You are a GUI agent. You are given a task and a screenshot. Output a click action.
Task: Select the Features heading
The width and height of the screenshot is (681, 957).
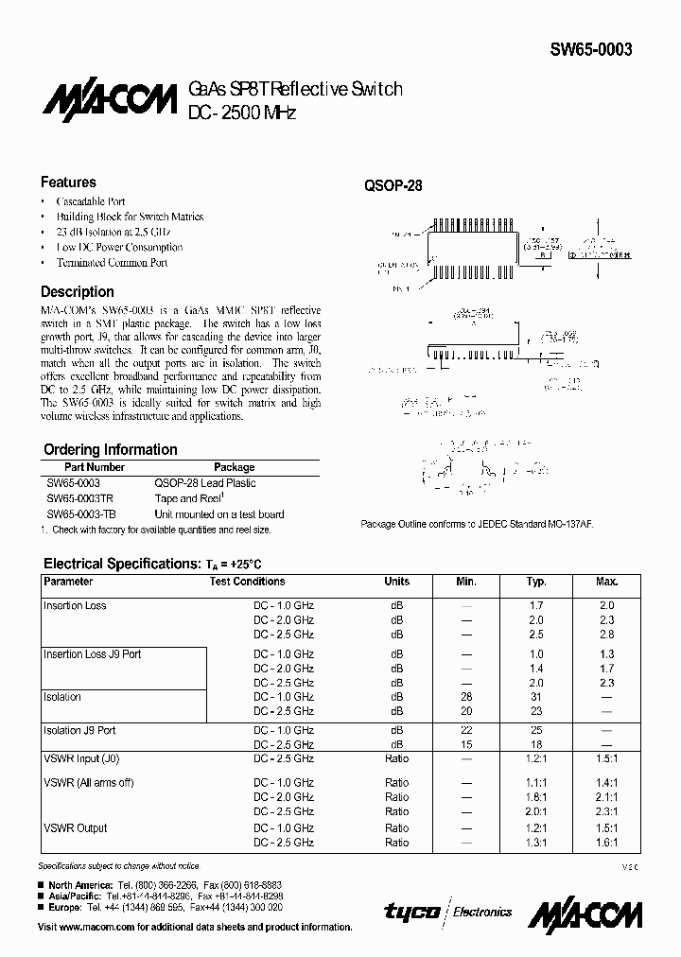68,183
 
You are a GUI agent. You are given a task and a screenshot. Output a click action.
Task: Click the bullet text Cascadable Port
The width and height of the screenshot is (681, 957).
91,201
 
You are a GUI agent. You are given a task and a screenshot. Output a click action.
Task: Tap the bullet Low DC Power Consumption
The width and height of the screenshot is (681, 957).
119,247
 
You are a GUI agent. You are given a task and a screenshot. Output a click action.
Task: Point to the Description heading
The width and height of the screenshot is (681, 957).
78,292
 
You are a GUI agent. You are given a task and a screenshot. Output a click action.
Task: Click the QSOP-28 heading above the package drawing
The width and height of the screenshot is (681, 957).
393,186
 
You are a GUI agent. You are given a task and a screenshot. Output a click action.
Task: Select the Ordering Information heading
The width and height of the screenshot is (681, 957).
111,450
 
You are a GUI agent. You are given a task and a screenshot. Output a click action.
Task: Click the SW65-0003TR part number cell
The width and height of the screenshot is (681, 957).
81,498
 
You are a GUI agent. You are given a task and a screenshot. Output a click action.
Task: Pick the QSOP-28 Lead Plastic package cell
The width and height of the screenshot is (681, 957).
205,483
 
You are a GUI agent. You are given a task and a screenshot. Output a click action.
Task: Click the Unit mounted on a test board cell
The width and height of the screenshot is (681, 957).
219,514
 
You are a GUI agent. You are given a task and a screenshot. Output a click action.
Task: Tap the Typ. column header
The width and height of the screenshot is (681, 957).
536,582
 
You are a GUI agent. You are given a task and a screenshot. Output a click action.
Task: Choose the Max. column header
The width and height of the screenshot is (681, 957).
606,582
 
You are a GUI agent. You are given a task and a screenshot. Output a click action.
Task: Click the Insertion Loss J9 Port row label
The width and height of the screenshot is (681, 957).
93,654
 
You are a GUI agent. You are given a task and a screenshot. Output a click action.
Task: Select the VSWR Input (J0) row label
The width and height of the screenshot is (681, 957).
82,758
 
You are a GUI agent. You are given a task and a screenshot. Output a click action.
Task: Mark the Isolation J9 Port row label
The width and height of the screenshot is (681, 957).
80,730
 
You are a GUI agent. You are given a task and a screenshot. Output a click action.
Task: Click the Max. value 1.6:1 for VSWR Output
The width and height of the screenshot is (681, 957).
606,843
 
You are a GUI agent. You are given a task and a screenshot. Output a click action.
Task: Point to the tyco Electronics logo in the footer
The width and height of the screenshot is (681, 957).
448,912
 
